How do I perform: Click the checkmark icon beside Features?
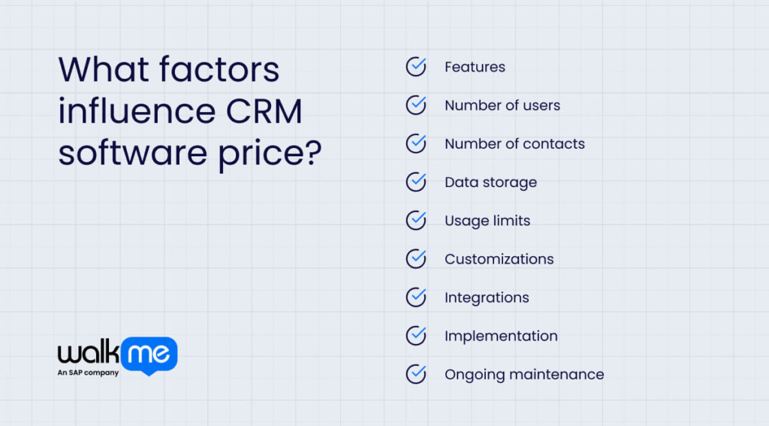[x=416, y=67]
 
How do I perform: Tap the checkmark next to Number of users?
[x=416, y=105]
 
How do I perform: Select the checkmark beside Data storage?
[x=416, y=182]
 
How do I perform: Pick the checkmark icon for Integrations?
[x=416, y=298]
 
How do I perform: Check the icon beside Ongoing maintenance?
[x=416, y=374]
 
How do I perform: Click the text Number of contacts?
[x=514, y=144]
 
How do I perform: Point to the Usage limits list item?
[x=487, y=221]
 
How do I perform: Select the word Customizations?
[x=499, y=259]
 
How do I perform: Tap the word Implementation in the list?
[x=501, y=336]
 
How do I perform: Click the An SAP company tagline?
[x=88, y=373]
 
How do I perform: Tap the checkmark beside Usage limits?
[x=416, y=221]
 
